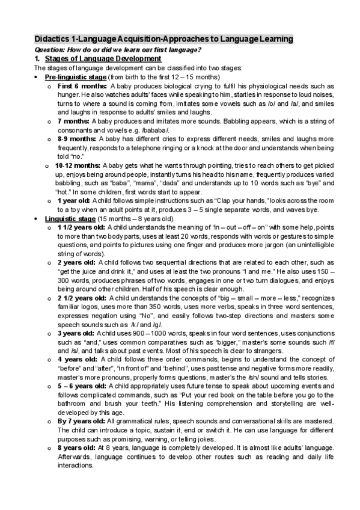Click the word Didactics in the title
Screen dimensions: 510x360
tap(53, 39)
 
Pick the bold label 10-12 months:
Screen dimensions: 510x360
tap(78, 165)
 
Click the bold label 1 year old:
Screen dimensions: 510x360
tap(74, 200)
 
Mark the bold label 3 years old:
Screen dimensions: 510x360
tap(76, 333)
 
